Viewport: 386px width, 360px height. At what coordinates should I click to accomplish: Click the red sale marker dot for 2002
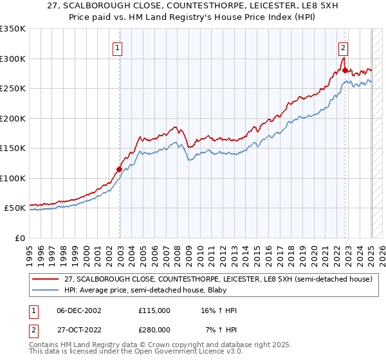pyautogui.click(x=119, y=170)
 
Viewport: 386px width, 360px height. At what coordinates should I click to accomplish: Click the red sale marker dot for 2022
pyautogui.click(x=345, y=71)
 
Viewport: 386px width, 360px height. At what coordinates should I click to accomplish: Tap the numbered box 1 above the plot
pyautogui.click(x=118, y=46)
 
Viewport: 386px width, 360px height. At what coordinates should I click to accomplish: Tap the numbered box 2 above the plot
pyautogui.click(x=344, y=46)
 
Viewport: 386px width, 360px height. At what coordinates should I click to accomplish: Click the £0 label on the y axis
pyautogui.click(x=20, y=238)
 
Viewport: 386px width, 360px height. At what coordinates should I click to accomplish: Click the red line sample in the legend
pyautogui.click(x=46, y=279)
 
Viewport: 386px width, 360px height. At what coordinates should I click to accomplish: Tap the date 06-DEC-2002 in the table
pyautogui.click(x=79, y=310)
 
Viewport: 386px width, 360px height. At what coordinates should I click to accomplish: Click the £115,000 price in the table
pyautogui.click(x=154, y=310)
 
